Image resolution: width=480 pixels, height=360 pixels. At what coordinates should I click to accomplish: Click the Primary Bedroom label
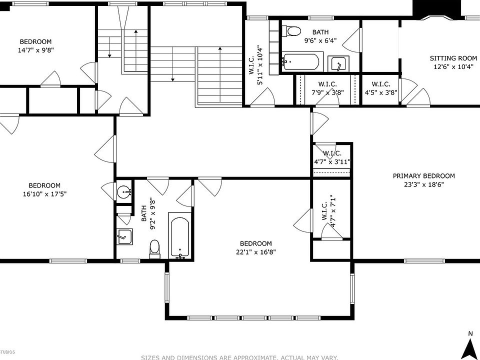(x=423, y=176)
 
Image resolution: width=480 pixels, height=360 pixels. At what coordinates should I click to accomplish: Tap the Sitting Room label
(x=453, y=58)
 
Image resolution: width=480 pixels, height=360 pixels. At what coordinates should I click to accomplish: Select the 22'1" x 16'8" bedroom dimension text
(x=256, y=252)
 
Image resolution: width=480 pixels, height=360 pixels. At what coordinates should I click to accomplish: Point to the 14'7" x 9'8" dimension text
(x=36, y=50)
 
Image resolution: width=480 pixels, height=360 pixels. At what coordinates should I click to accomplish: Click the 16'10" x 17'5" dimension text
(x=44, y=194)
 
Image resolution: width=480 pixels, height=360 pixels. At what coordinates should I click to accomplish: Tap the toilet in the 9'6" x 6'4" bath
(x=291, y=30)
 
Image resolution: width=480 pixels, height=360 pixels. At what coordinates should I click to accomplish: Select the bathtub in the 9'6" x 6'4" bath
(x=301, y=62)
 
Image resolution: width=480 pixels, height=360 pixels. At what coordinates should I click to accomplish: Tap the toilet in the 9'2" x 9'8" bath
(x=154, y=249)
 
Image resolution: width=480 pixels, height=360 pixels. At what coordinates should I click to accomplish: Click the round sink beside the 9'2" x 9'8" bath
(x=124, y=192)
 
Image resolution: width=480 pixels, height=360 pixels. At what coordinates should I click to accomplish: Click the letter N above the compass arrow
(x=470, y=333)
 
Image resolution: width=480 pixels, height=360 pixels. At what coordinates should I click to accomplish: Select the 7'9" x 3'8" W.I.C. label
(x=327, y=88)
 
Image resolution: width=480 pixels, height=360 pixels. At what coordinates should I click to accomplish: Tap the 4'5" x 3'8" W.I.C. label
(x=381, y=88)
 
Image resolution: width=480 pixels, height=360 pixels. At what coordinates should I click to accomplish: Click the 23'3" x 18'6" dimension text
(x=423, y=184)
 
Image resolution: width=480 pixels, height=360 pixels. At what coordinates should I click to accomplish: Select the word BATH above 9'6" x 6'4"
(x=320, y=32)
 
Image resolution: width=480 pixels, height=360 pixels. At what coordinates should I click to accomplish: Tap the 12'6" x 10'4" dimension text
(x=453, y=66)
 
